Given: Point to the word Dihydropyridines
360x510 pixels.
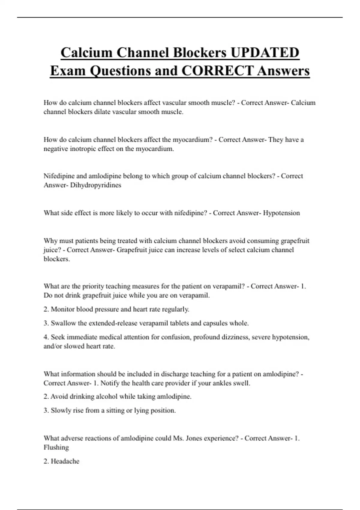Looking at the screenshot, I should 96,185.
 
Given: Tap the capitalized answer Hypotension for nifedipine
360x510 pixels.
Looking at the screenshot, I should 281,213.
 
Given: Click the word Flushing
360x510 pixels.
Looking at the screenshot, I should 56,447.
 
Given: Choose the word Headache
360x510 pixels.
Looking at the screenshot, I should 65,461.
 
